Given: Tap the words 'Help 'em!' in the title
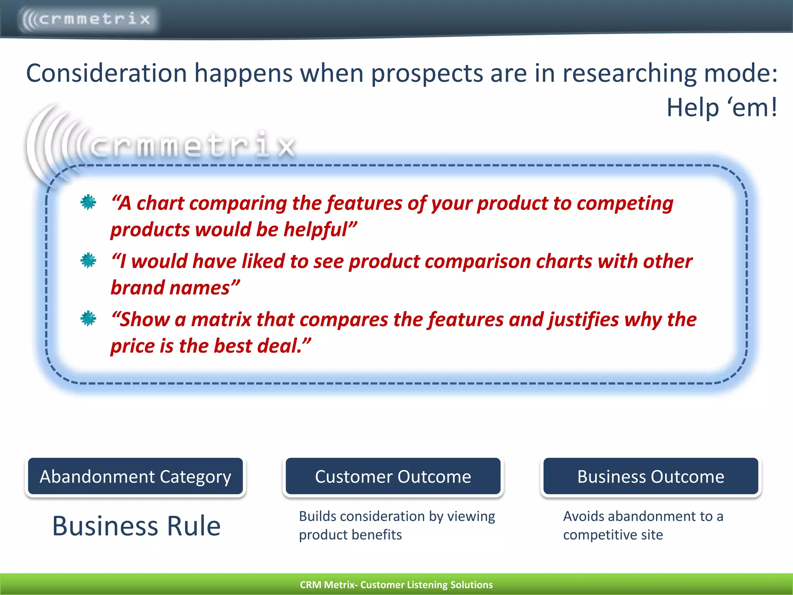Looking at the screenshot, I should click(x=721, y=107).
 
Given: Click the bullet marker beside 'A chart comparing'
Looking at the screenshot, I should click(x=88, y=202).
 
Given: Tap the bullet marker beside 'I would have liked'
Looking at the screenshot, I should click(x=88, y=260).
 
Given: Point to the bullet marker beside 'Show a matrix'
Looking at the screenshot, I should click(x=88, y=318).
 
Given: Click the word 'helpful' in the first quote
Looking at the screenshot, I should click(x=318, y=229).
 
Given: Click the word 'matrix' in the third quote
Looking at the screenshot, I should click(x=221, y=320).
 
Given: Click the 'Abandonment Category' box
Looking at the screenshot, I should click(x=136, y=476).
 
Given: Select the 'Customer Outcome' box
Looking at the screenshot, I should click(x=393, y=476).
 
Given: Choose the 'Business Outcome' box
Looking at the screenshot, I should click(x=651, y=476).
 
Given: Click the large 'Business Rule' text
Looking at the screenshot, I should click(x=136, y=526).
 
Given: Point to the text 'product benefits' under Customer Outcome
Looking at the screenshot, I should click(x=350, y=535).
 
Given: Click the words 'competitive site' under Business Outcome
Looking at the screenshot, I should click(x=613, y=535).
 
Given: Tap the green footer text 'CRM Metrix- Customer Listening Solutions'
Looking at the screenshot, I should click(x=396, y=585).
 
